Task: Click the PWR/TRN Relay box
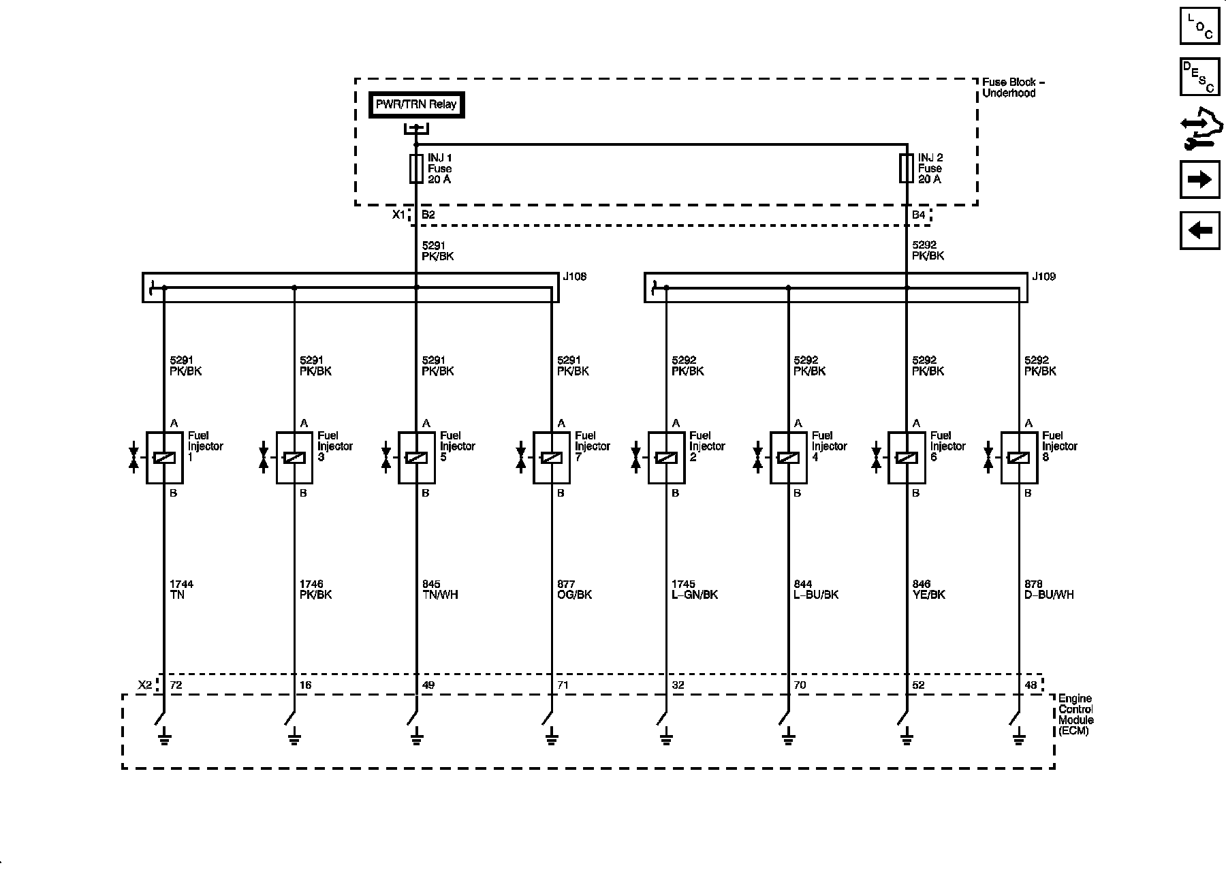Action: [x=417, y=105]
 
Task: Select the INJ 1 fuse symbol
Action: [x=416, y=168]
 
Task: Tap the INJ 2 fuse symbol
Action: [x=906, y=168]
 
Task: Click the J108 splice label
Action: [x=575, y=277]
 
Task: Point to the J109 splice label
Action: [x=1043, y=277]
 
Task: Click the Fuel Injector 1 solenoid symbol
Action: [x=164, y=458]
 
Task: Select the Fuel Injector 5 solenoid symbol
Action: [x=416, y=458]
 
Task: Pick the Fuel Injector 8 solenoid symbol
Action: [x=1018, y=458]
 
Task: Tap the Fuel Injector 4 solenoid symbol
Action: [x=788, y=458]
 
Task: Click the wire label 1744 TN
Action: [x=181, y=589]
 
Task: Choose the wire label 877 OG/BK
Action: [x=574, y=589]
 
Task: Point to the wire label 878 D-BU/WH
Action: [x=1049, y=589]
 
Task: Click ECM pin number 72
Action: [x=176, y=685]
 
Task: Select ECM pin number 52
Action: [x=918, y=685]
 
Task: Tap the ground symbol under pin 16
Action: [x=294, y=737]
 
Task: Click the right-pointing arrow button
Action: [x=1199, y=180]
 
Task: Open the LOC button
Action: [x=1199, y=26]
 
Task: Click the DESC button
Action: [x=1199, y=77]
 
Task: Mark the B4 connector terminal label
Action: [x=919, y=215]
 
